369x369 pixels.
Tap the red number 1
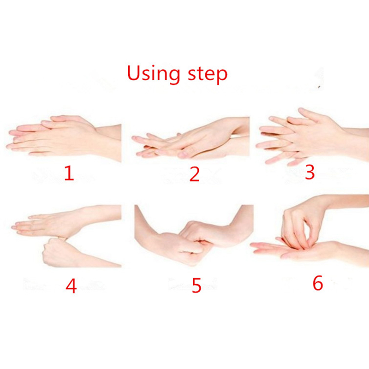point(70,173)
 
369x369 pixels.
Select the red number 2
point(195,174)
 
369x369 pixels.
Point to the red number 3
point(309,172)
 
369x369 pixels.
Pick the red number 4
point(71,286)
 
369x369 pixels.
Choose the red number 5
point(196,285)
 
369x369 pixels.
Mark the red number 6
point(318,283)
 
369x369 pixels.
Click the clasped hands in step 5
point(194,243)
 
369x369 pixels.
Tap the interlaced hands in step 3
point(306,137)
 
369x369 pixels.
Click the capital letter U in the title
point(134,73)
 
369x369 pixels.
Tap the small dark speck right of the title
point(319,87)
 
